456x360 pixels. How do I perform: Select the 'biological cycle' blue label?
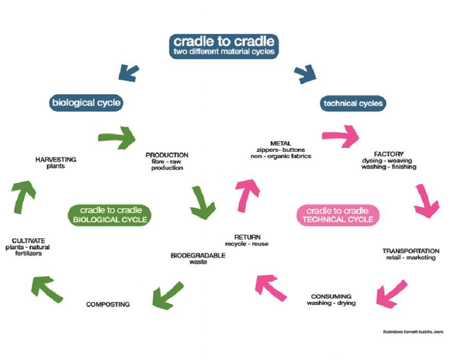(x=86, y=103)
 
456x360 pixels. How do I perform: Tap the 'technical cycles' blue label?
(x=353, y=103)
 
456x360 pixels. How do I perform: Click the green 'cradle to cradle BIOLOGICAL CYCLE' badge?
(x=108, y=215)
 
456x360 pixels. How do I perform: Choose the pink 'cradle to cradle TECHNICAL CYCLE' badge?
(x=338, y=215)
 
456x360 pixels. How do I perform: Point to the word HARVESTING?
(x=56, y=159)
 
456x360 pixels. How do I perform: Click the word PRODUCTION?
(x=167, y=155)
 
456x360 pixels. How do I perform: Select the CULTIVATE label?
(x=28, y=240)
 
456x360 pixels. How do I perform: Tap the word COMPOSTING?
(x=108, y=304)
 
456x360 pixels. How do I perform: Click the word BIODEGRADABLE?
(x=198, y=256)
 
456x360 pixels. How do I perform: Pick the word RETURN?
(x=247, y=237)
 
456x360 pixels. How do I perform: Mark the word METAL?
(x=280, y=143)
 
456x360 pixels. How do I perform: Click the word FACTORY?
(x=389, y=154)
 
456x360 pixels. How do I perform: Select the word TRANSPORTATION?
(x=411, y=251)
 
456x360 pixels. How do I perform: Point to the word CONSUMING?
(x=331, y=296)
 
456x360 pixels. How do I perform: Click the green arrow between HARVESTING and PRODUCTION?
(x=117, y=137)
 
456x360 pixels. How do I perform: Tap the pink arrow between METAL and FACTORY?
(x=341, y=136)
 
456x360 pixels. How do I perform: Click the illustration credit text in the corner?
(x=413, y=332)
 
